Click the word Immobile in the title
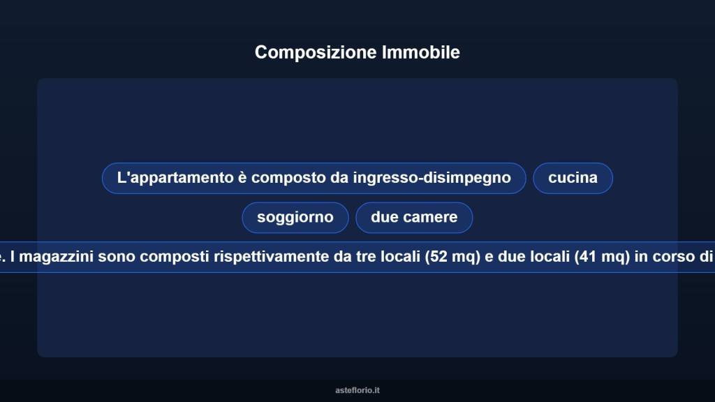(x=420, y=52)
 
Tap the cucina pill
(x=573, y=178)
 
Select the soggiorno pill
(x=295, y=217)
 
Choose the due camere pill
(x=414, y=217)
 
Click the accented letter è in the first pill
(x=242, y=178)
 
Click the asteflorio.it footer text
(x=357, y=390)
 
